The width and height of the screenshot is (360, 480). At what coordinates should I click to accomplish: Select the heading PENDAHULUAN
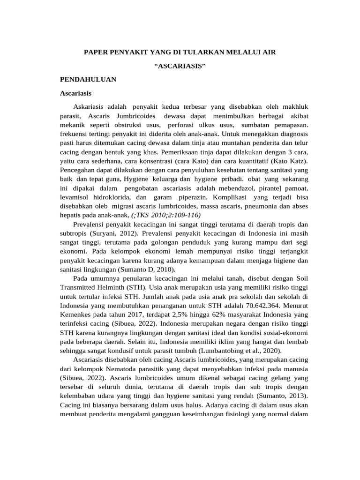(88, 79)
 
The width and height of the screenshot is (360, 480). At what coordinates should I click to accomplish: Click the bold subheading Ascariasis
(76, 93)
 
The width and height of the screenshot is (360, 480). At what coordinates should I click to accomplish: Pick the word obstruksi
(130, 125)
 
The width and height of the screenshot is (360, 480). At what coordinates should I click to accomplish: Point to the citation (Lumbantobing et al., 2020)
(249, 350)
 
